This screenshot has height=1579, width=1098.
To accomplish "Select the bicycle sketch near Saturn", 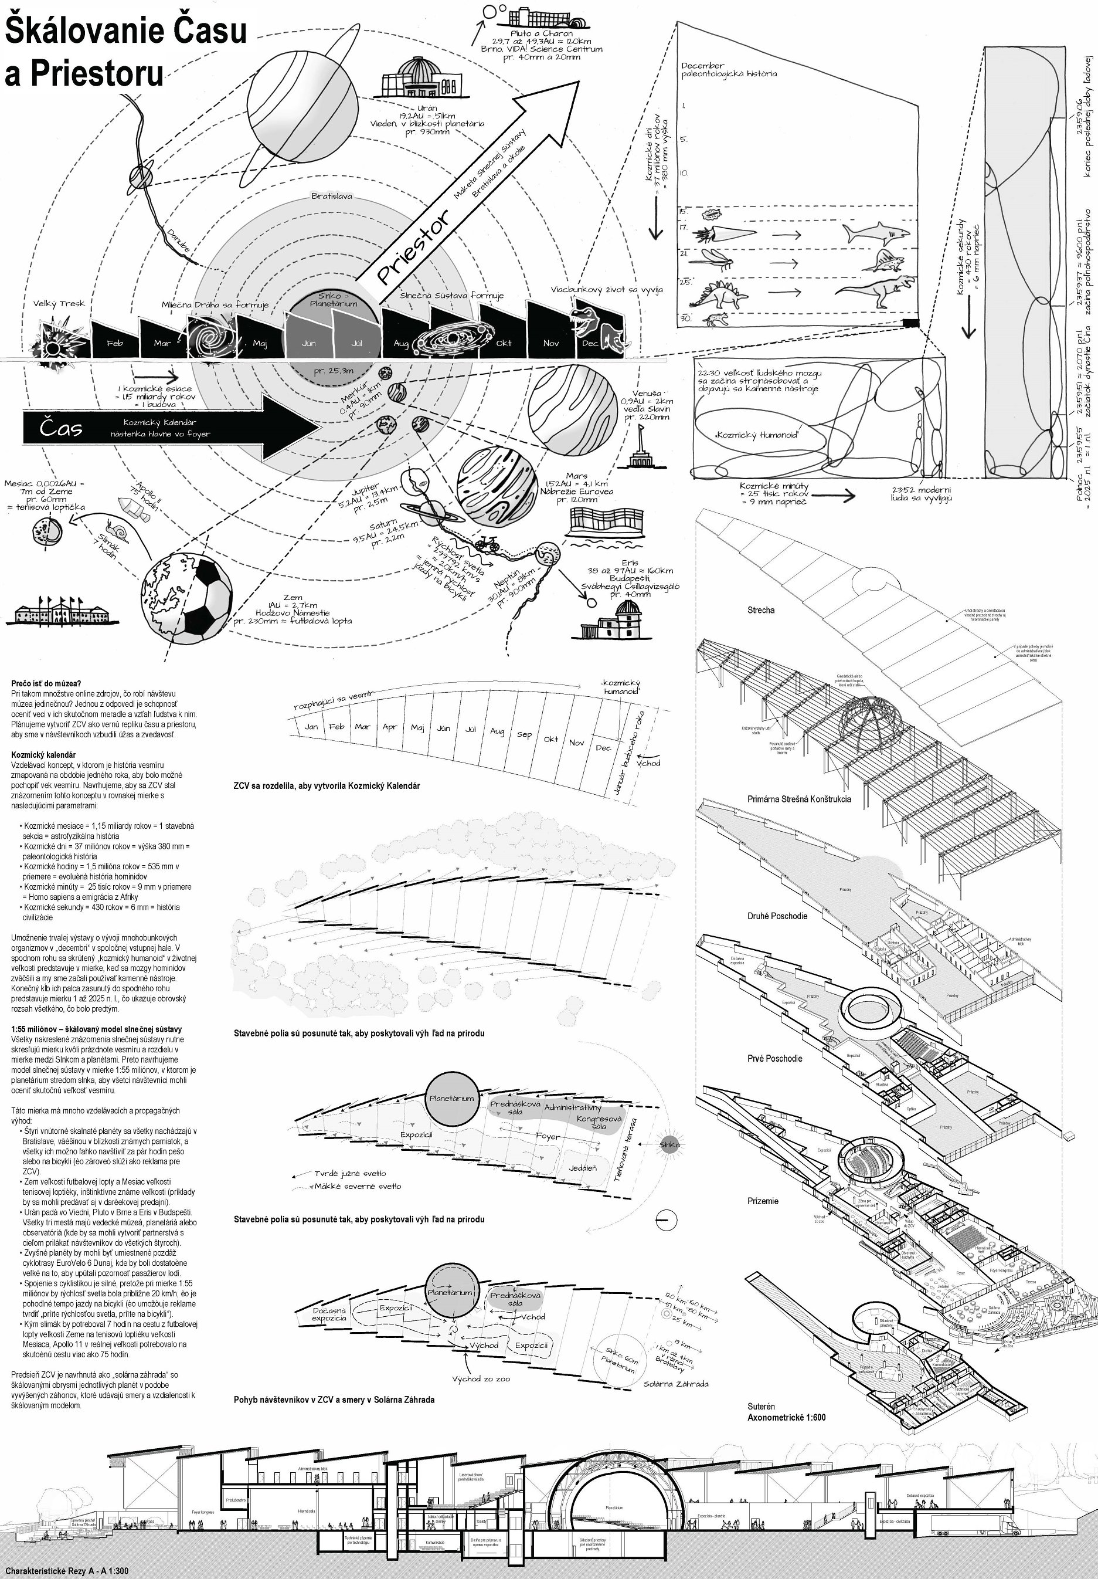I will (x=488, y=544).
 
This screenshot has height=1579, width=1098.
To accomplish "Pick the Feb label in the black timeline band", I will (x=114, y=343).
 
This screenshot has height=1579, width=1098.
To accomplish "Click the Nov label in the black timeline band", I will (x=550, y=343).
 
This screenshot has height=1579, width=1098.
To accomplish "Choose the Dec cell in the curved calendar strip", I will (x=603, y=747).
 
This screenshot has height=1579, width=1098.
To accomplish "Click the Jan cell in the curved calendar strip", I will (x=311, y=726).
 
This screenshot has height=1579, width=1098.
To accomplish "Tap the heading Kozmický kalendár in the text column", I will (x=43, y=754).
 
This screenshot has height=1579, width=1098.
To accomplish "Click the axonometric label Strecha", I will (x=760, y=610).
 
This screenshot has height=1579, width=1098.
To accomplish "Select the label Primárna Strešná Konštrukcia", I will (x=799, y=799).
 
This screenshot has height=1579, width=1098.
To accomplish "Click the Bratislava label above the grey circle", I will (x=331, y=196).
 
